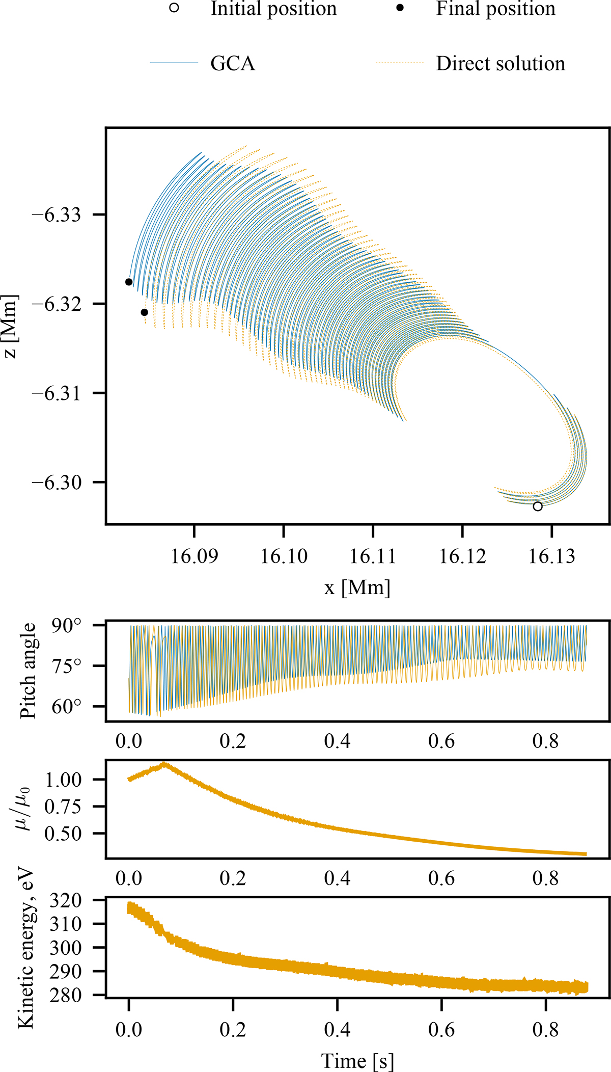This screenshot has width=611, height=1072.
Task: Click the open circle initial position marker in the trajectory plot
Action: pos(538,506)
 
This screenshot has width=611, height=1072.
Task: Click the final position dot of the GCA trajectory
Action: pos(129,282)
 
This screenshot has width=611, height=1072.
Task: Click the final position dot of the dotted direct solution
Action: pos(145,312)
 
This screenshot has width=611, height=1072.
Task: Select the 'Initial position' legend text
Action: pos(273,9)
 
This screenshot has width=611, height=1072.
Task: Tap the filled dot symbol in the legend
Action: pos(400,8)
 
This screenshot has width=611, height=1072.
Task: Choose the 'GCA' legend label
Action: pos(233,64)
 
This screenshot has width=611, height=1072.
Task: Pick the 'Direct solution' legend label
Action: pos(501,64)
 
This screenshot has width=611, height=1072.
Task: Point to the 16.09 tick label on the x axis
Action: pos(195,556)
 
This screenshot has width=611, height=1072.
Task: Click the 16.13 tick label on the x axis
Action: pos(552,556)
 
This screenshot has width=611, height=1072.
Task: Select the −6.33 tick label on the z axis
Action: pos(56,215)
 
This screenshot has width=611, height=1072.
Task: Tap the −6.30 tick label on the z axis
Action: pos(56,482)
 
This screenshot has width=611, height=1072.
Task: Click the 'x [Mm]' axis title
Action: pos(357,587)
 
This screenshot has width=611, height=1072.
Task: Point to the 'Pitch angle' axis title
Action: pos(28,671)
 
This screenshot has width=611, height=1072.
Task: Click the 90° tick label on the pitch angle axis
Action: pos(66,626)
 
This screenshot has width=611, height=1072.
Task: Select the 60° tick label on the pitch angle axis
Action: pos(66,707)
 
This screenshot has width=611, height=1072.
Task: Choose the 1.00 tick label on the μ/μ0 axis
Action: pos(64,780)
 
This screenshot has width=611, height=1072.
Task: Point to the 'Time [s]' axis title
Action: pos(357,1061)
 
